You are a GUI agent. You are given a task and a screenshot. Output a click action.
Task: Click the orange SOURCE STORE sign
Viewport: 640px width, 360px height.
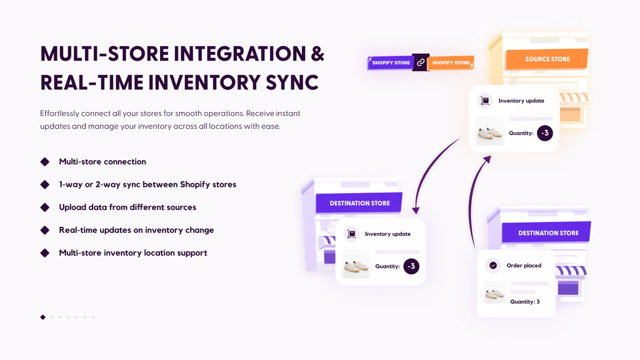[547, 59]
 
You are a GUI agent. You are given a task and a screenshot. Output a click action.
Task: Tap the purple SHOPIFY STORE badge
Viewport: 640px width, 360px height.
[390, 63]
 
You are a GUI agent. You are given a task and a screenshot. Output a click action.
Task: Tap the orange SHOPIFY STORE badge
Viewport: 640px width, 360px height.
[451, 63]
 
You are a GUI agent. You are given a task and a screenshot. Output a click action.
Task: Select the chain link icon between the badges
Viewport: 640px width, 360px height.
[420, 62]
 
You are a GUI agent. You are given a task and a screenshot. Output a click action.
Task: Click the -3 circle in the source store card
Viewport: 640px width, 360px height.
[544, 133]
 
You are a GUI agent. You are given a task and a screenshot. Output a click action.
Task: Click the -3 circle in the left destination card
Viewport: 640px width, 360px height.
[411, 266]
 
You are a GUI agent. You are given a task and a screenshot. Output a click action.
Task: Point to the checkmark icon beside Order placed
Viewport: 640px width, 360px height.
[493, 265]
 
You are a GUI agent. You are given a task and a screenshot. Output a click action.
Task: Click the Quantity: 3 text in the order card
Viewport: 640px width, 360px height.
[524, 302]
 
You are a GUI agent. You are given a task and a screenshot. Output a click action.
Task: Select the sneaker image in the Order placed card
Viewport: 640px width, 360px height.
[494, 293]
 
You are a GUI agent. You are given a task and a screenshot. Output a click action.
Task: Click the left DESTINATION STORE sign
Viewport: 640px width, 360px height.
[359, 203]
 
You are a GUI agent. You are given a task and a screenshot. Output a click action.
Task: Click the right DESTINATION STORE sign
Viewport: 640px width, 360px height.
[548, 233]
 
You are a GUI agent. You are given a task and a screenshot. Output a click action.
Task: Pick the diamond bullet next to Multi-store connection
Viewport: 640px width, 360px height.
[45, 161]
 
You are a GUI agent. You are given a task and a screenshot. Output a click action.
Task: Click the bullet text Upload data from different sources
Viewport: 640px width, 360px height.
[127, 207]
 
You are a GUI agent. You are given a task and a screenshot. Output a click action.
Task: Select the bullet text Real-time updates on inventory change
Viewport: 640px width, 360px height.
[136, 230]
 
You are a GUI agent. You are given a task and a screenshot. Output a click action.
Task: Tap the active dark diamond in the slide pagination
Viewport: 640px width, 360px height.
[43, 317]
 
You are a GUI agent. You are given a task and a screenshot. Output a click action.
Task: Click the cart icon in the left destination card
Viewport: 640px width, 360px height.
[351, 234]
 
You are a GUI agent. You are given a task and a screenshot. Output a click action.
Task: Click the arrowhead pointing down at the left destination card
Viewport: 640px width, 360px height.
[414, 211]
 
